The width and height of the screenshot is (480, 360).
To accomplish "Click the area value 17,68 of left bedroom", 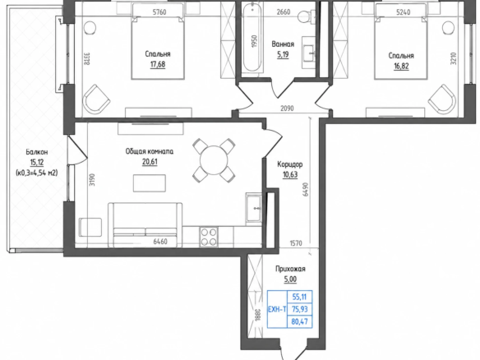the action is click(158, 64).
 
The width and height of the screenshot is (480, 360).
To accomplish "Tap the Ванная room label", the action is click(283, 44).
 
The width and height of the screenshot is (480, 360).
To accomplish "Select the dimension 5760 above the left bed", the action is click(159, 12).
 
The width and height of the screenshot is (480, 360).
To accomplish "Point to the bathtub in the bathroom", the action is click(252, 38).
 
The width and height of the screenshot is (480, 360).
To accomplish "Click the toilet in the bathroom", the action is click(307, 16).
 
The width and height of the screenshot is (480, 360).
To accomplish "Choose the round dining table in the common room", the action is click(214, 160).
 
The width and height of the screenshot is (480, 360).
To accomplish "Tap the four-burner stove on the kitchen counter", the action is click(209, 237).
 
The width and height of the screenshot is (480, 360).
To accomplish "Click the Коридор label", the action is click(290, 164).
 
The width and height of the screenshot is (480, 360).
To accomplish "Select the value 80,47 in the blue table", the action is click(300, 321).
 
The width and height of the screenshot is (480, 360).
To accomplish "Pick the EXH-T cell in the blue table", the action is click(277, 310).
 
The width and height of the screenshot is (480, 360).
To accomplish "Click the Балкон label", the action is click(37, 152).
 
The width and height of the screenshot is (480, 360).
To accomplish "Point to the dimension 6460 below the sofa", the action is click(160, 242).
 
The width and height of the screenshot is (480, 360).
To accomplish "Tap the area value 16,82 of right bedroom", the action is click(401, 66).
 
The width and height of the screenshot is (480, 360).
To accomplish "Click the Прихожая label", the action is click(290, 269).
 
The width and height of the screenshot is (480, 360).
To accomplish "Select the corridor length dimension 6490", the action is click(305, 190).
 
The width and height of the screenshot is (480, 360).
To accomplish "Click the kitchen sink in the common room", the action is click(254, 207).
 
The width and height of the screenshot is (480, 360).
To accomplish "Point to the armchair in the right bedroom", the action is click(442, 99).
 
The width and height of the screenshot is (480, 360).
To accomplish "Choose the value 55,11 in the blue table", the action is click(300, 297).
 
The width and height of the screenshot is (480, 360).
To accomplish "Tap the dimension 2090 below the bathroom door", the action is click(287, 108).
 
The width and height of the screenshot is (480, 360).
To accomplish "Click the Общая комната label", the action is click(150, 151).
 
